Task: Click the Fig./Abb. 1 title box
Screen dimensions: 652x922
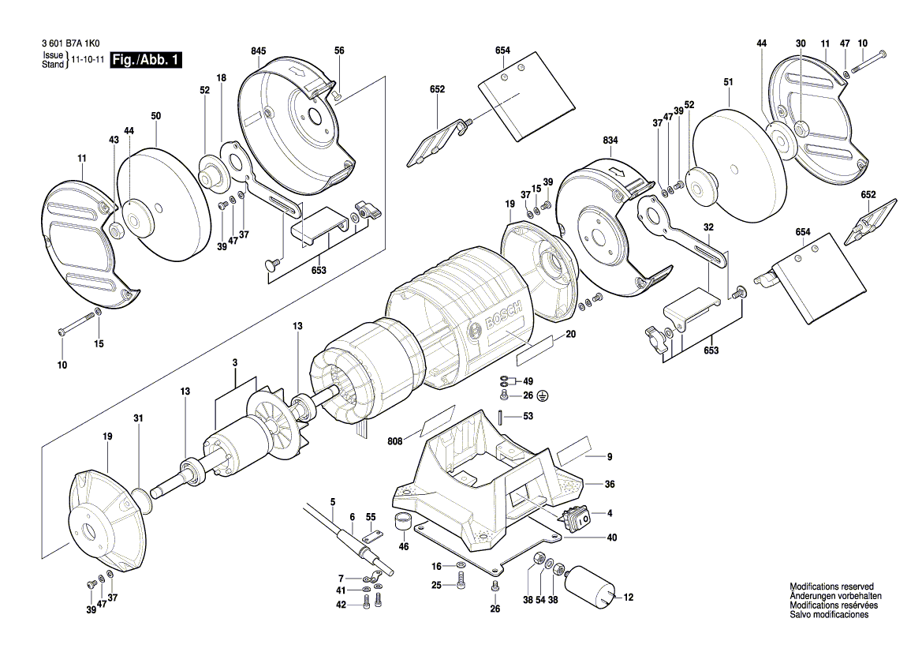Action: click(147, 60)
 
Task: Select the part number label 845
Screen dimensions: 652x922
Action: click(258, 51)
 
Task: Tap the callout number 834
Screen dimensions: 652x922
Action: click(610, 141)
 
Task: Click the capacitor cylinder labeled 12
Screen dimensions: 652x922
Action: click(591, 588)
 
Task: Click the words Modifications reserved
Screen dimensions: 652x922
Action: click(831, 586)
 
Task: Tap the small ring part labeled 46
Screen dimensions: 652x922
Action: click(403, 521)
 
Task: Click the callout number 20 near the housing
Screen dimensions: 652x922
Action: click(571, 335)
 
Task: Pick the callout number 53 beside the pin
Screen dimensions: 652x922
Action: click(528, 417)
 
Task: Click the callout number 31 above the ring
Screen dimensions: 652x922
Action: click(139, 418)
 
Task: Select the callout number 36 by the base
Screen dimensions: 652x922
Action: click(609, 484)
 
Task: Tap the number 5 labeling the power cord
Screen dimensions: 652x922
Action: click(333, 501)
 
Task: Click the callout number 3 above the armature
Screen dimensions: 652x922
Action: click(235, 362)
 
